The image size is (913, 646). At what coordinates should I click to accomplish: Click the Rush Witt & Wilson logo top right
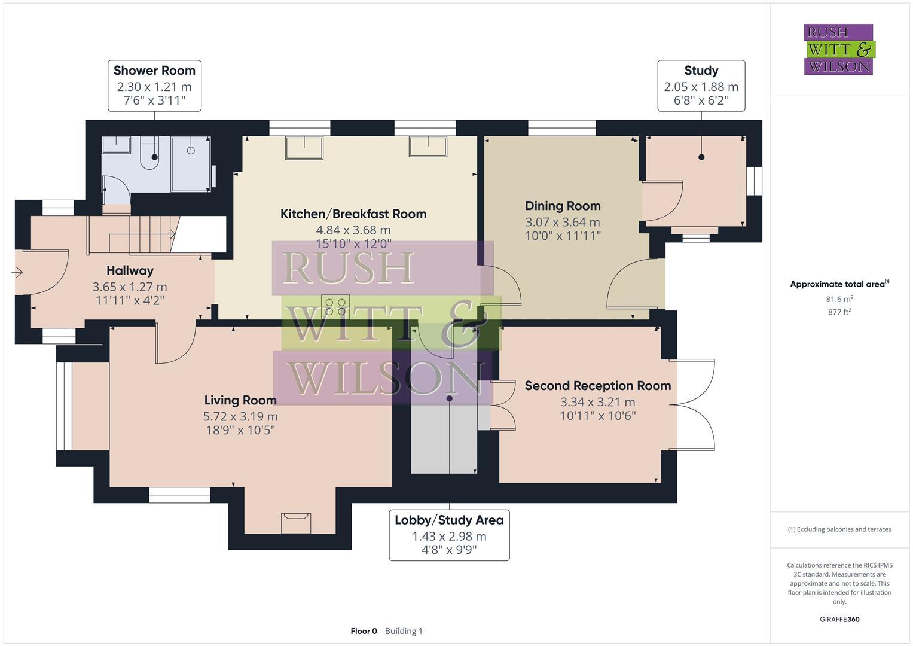pyautogui.click(x=838, y=49)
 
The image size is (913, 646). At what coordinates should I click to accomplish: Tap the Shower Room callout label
pyautogui.click(x=154, y=86)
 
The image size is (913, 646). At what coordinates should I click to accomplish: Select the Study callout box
pyautogui.click(x=701, y=86)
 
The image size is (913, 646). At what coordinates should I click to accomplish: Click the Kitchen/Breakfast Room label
pyautogui.click(x=353, y=214)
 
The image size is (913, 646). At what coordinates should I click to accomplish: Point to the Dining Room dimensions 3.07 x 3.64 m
pyautogui.click(x=563, y=222)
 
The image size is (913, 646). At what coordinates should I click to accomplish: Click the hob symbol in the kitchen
pyautogui.click(x=335, y=307)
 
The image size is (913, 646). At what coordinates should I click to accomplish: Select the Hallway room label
pyautogui.click(x=130, y=270)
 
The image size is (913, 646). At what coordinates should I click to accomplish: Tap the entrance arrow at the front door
pyautogui.click(x=17, y=273)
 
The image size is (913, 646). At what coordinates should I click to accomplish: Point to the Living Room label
pyautogui.click(x=240, y=400)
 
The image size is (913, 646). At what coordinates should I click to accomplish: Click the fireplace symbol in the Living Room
pyautogui.click(x=296, y=522)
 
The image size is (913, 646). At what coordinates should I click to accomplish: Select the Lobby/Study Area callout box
pyautogui.click(x=449, y=535)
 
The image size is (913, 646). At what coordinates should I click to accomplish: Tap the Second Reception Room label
pyautogui.click(x=597, y=386)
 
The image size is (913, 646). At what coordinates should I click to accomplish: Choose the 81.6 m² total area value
pyautogui.click(x=839, y=299)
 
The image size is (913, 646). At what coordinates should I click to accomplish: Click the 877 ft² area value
pyautogui.click(x=839, y=312)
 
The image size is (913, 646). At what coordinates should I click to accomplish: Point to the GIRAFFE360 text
pyautogui.click(x=839, y=620)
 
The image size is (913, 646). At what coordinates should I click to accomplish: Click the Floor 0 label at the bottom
pyautogui.click(x=364, y=631)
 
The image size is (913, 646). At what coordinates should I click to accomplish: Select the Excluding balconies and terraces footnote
pyautogui.click(x=839, y=529)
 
